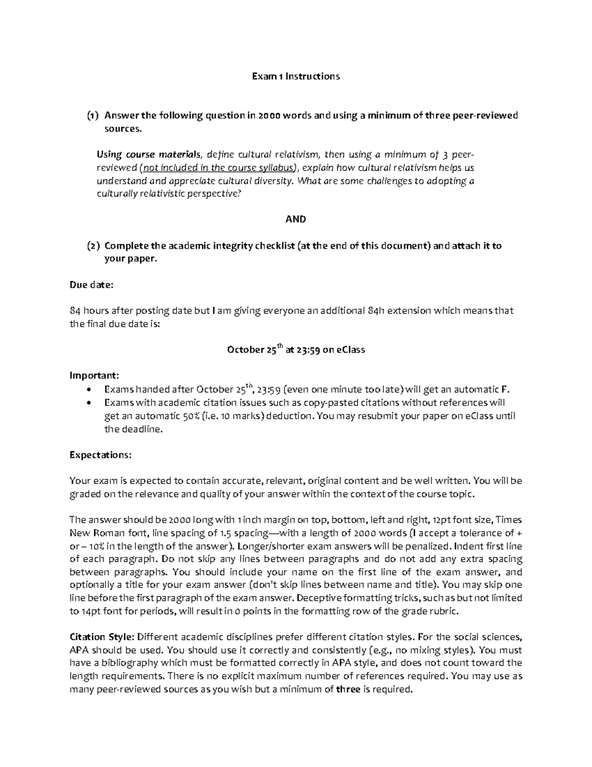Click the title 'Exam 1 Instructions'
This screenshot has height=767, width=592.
296,77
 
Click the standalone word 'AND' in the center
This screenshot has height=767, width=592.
296,219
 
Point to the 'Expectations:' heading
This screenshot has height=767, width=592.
101,455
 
